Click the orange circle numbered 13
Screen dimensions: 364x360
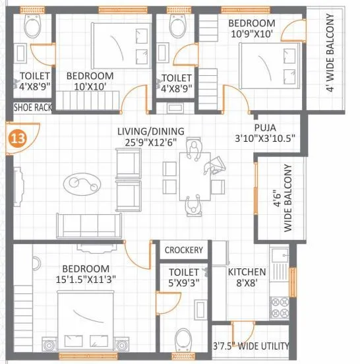point(17,138)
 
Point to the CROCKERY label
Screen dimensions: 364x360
point(183,251)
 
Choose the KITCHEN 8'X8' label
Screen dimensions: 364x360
point(247,277)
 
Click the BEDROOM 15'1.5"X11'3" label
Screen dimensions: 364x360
point(86,274)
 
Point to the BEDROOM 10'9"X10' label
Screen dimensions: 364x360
point(252,28)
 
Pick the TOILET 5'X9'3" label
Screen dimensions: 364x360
point(183,277)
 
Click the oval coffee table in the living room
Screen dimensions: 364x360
point(82,182)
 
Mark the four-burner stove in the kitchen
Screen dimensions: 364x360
point(280,306)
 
